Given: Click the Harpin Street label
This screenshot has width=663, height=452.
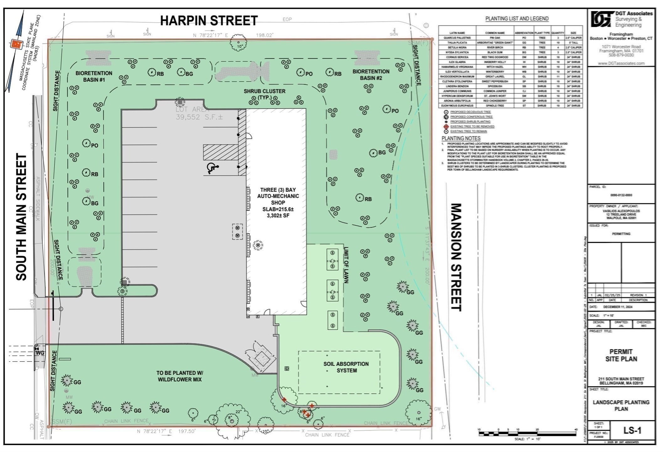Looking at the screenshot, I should click(209, 21).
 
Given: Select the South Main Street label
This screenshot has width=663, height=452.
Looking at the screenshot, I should click(22, 217).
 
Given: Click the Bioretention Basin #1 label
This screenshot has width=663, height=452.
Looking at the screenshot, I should click(93, 76).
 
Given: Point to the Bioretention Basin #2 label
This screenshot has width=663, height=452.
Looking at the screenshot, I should click(371, 75).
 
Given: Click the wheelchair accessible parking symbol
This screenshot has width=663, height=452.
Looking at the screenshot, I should click(212, 168).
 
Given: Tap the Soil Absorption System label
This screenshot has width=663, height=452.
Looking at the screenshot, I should click(346, 367).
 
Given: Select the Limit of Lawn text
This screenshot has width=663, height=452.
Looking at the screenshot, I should click(346, 265).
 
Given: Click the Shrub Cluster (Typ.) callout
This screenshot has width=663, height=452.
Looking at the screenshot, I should click(264, 94).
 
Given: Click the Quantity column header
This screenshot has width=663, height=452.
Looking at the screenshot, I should click(558, 33).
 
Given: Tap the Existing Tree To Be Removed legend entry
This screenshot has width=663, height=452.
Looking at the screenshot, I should click(472, 126).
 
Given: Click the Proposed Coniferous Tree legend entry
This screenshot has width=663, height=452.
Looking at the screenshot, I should click(471, 117).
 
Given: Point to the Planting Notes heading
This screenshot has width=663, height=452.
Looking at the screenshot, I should click(461, 138).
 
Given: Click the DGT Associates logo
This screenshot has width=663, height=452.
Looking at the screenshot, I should click(602, 19).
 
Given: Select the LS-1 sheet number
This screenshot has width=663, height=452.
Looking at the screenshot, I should click(632, 430).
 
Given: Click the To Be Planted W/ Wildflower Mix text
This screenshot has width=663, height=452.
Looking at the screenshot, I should click(180, 376).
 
